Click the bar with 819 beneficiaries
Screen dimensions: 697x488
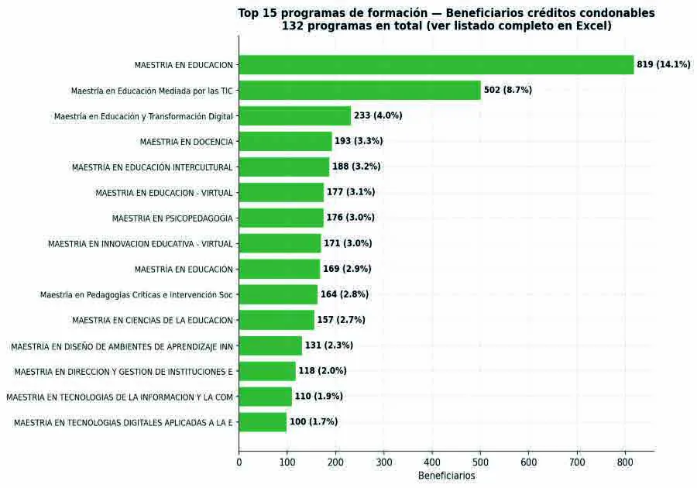[436, 65]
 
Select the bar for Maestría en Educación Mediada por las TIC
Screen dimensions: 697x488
[360, 90]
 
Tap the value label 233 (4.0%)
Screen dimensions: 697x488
[378, 115]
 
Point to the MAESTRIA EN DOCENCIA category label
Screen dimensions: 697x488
[186, 142]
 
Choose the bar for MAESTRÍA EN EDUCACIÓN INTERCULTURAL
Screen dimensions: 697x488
[284, 167]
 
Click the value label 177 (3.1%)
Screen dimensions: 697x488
[351, 192]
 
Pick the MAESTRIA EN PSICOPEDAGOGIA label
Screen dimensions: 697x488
[173, 218]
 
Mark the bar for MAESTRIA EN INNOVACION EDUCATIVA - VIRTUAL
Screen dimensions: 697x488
[280, 243]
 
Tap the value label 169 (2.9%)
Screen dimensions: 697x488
[347, 269]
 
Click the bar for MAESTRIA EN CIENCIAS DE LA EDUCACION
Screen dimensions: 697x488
[276, 320]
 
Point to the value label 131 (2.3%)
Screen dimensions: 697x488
[329, 345]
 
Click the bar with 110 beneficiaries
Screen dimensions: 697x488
[266, 397]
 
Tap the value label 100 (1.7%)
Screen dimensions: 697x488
[314, 422]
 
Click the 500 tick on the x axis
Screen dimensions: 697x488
[480, 462]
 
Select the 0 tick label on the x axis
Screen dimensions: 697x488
[239, 462]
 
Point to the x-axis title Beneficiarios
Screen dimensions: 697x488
[446, 476]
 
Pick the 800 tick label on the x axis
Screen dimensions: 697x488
[625, 462]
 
